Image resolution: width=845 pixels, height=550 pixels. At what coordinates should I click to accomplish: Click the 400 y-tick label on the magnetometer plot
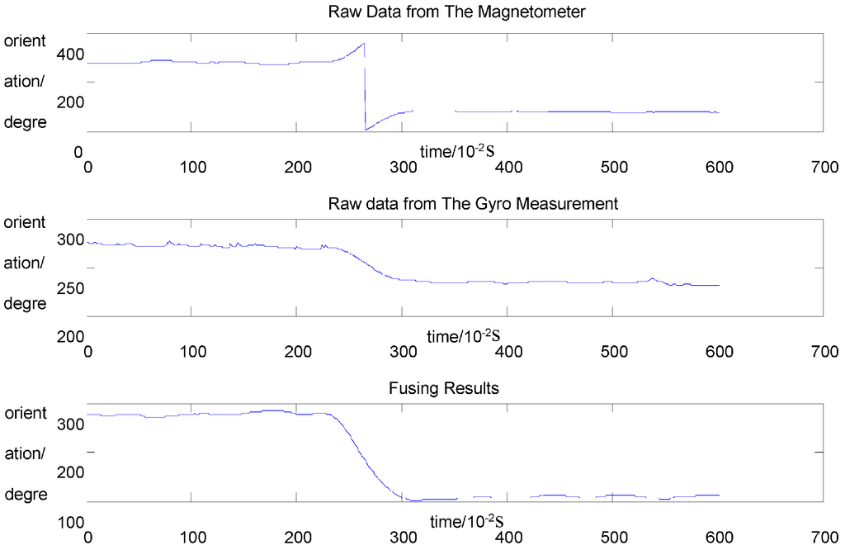(71, 55)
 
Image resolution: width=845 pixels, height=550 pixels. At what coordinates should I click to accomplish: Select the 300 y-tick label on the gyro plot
(71, 240)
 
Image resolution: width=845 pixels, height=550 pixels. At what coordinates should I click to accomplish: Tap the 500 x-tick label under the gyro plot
(611, 351)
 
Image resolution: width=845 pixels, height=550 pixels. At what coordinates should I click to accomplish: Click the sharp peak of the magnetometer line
(364, 44)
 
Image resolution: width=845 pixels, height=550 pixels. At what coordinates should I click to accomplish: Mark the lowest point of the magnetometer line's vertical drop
(365, 130)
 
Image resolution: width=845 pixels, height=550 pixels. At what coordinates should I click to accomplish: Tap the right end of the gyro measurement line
(720, 285)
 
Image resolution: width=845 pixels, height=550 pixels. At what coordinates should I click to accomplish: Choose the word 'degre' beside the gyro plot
(26, 304)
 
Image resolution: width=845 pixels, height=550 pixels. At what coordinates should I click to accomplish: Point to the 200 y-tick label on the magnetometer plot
(71, 102)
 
